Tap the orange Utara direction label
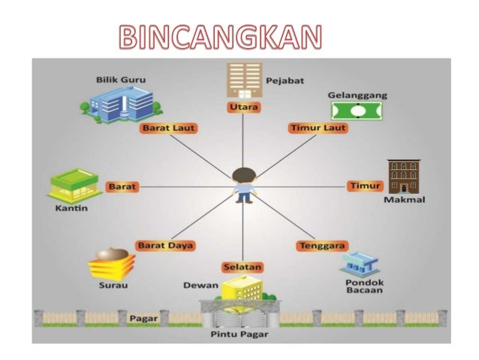click(x=243, y=108)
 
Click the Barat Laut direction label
click(x=168, y=128)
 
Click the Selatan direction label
click(x=242, y=267)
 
